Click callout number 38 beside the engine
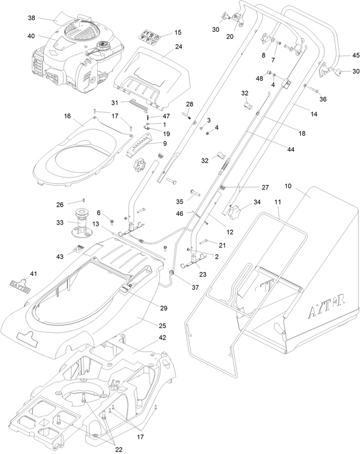tap(31, 18)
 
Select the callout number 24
tap(163, 47)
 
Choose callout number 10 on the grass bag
tap(287, 187)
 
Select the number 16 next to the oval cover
tap(67, 116)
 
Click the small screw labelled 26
tap(83, 200)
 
